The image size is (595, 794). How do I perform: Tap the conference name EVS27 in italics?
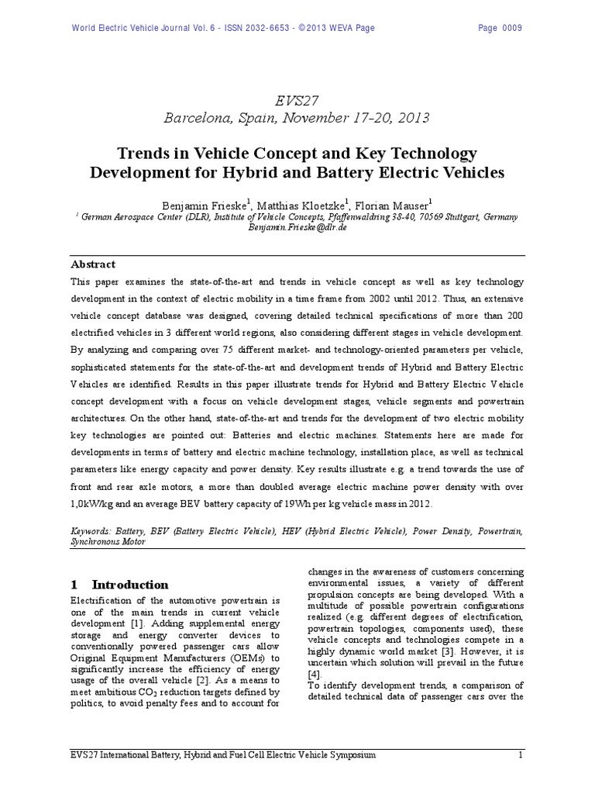tap(297, 99)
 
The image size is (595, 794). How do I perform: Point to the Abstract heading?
tap(93, 264)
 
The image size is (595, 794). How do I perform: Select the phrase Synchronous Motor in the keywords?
tap(108, 543)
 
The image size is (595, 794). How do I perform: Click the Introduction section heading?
tap(130, 585)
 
